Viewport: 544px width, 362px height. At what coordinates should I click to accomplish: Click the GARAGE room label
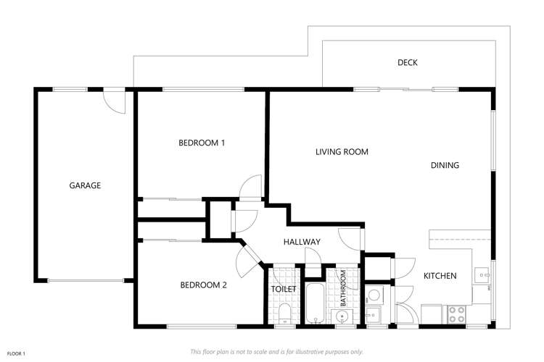(x=85, y=185)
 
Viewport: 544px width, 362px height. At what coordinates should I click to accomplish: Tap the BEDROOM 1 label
(x=202, y=143)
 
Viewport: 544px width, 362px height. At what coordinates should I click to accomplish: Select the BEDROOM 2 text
(x=203, y=285)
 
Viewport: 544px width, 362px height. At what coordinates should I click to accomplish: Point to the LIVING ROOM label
(x=342, y=152)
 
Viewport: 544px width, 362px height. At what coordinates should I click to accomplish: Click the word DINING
(x=445, y=165)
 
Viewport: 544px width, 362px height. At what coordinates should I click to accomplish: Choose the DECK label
(x=408, y=63)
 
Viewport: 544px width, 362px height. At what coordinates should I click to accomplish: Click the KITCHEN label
(x=440, y=276)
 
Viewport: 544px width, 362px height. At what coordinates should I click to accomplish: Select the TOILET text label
(x=284, y=289)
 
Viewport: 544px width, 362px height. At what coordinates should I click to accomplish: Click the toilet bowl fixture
(x=284, y=313)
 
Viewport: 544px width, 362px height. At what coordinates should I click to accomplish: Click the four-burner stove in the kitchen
(x=457, y=313)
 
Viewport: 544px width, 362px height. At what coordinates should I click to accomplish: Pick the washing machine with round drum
(x=374, y=295)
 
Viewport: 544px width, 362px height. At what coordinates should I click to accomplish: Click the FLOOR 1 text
(x=16, y=353)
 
